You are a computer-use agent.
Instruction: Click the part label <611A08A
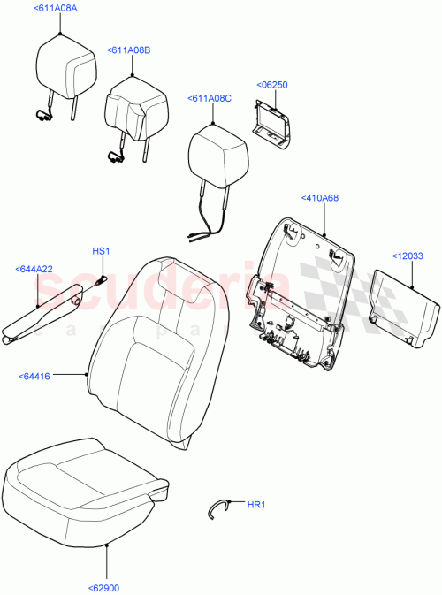coord(55,8)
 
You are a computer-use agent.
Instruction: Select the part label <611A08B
coord(128,50)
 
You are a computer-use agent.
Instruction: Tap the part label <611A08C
coord(210,99)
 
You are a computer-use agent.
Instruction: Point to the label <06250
coord(272,85)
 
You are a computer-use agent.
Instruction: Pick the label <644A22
coord(34,269)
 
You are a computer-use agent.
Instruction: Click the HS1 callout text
coord(101,252)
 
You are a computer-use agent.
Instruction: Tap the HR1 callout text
coord(255,505)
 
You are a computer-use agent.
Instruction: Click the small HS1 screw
coord(101,280)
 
